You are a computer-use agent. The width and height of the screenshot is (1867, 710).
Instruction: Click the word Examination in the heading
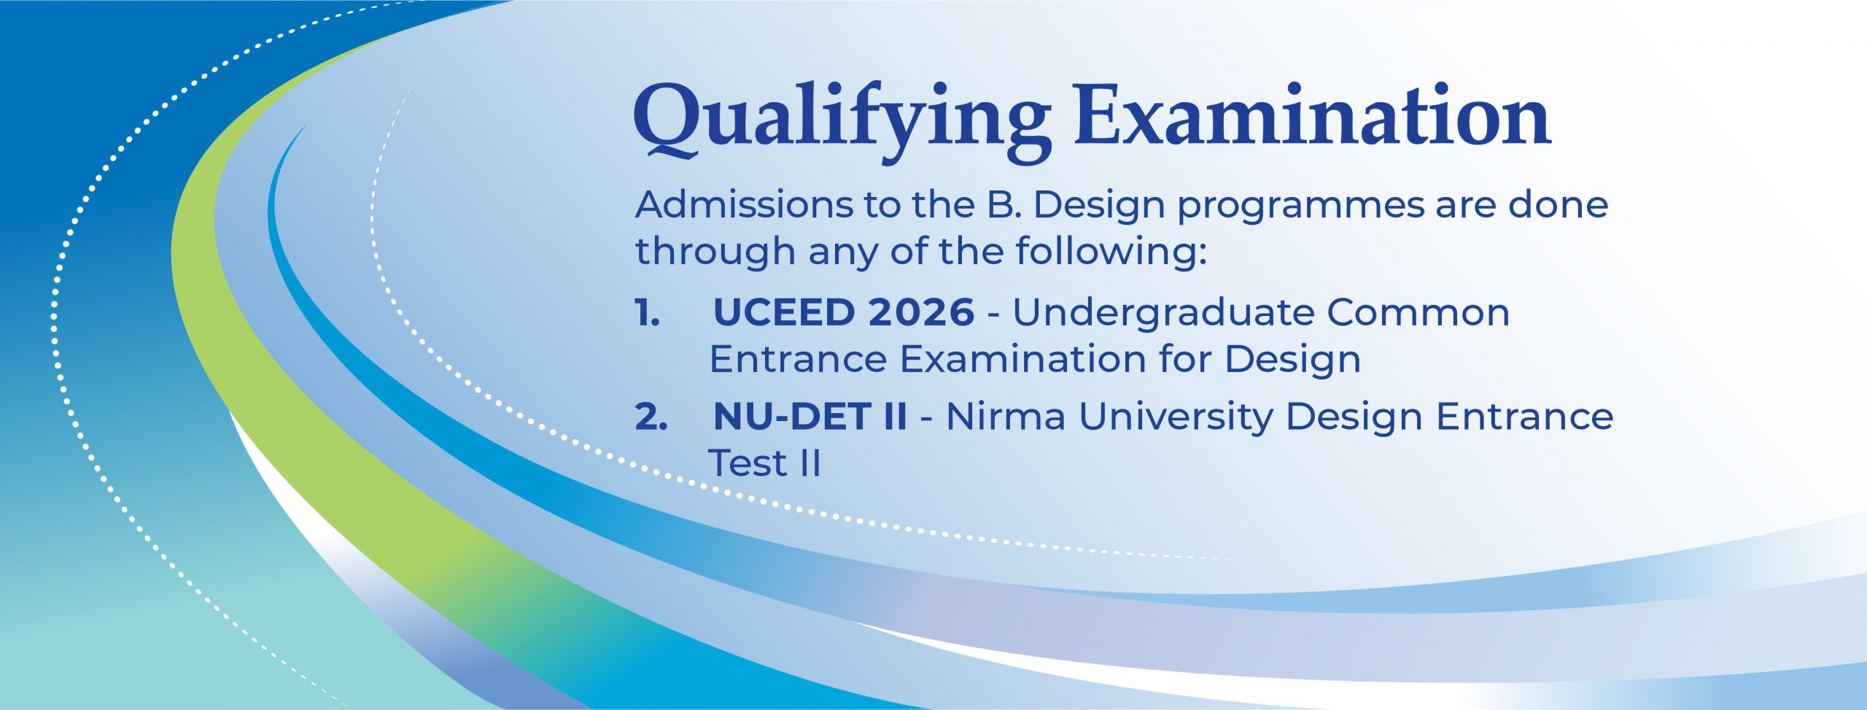(x=1312, y=115)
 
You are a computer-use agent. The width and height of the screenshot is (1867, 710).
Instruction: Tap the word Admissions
(x=744, y=205)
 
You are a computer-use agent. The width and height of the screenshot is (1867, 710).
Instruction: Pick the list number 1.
(x=648, y=313)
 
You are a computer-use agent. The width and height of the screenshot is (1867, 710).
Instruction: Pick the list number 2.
(x=651, y=417)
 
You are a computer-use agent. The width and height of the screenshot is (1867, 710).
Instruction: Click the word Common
(x=1418, y=313)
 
